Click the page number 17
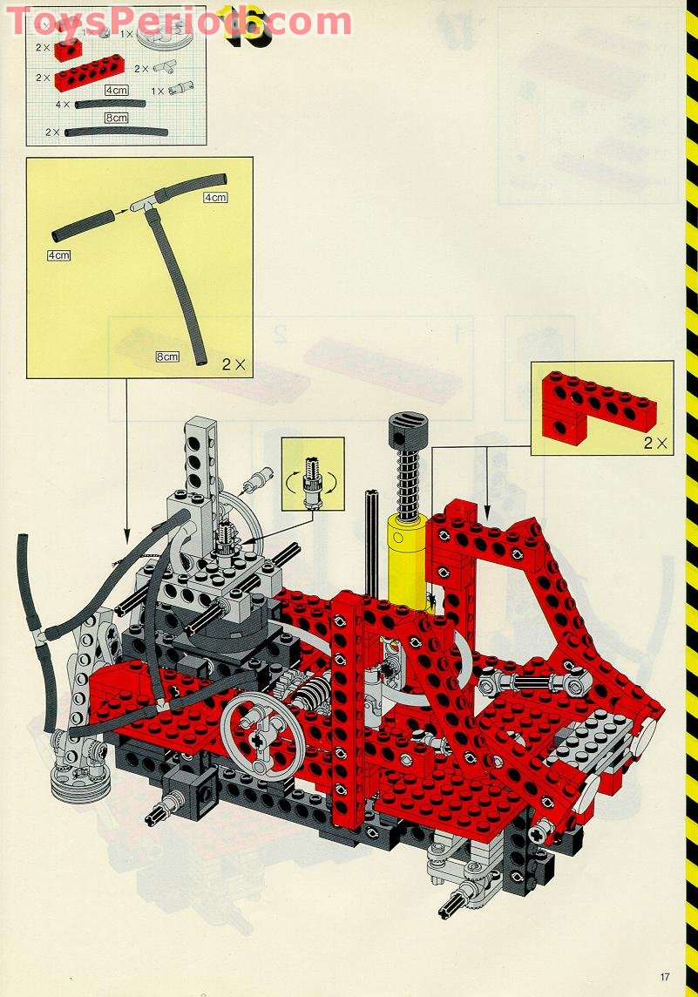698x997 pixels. tap(664, 976)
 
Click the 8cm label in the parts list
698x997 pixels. tap(116, 118)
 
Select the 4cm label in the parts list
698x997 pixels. tap(116, 90)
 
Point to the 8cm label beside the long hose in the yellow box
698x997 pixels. tap(167, 356)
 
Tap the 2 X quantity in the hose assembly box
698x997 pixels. tap(235, 364)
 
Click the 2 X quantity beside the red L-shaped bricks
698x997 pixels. tap(658, 443)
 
